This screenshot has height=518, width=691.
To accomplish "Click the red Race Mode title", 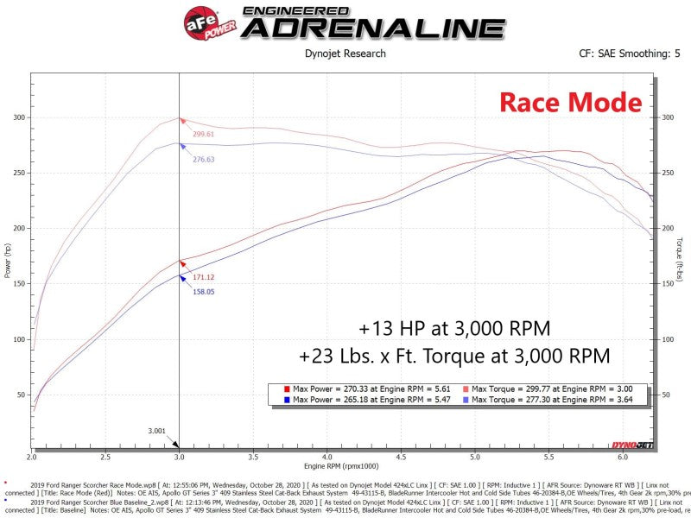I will [571, 104].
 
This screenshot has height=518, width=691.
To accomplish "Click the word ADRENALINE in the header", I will [372, 28].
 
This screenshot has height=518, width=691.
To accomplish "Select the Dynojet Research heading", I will [345, 54].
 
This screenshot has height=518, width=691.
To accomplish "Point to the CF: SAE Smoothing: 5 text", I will [624, 54].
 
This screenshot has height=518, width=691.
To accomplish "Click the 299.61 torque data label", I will [204, 135].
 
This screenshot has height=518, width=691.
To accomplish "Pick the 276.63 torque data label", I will [204, 160].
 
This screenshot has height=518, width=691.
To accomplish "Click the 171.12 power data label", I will [204, 277].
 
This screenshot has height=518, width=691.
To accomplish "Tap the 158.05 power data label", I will [204, 292].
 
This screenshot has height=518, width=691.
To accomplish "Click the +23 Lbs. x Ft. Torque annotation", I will [454, 356].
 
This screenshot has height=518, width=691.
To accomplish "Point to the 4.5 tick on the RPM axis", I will [401, 457].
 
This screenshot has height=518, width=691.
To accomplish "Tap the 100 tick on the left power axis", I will [20, 339].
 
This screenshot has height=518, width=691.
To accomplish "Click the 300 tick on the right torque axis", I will [666, 117].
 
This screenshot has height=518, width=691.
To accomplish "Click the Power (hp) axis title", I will [8, 259].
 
